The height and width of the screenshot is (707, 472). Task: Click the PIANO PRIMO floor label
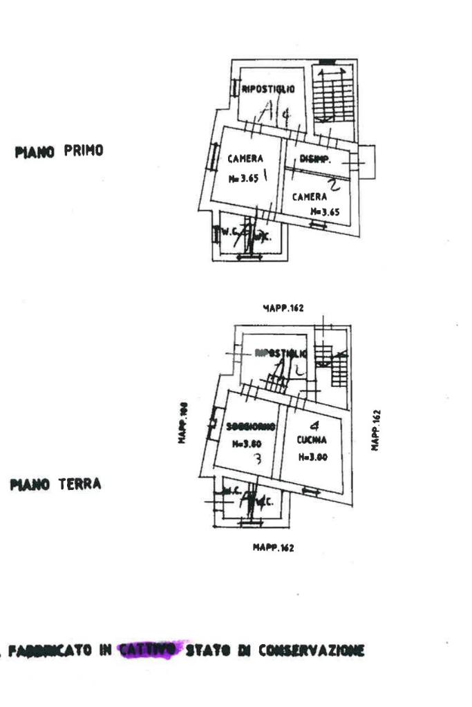[59, 151]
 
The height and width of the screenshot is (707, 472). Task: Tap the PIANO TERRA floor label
[55, 484]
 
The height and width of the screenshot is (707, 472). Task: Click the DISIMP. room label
[316, 159]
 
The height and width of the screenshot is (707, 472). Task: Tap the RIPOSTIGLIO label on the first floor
[268, 88]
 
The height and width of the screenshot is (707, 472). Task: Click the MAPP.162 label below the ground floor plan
[273, 548]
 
